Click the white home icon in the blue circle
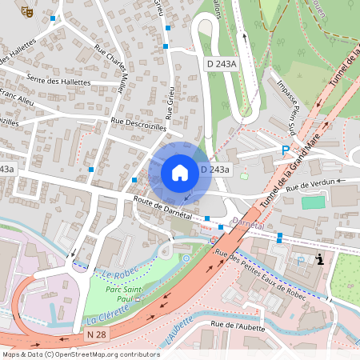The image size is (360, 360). pos(180,172)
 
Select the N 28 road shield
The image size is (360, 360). pos(97,333)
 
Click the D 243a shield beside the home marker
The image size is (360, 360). pos(215,170)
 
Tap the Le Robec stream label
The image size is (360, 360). pos(117,273)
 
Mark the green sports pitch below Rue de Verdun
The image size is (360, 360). pos(314,202)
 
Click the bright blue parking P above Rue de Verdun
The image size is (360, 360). pos(285,150)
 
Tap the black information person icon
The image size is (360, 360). pos(320,258)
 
